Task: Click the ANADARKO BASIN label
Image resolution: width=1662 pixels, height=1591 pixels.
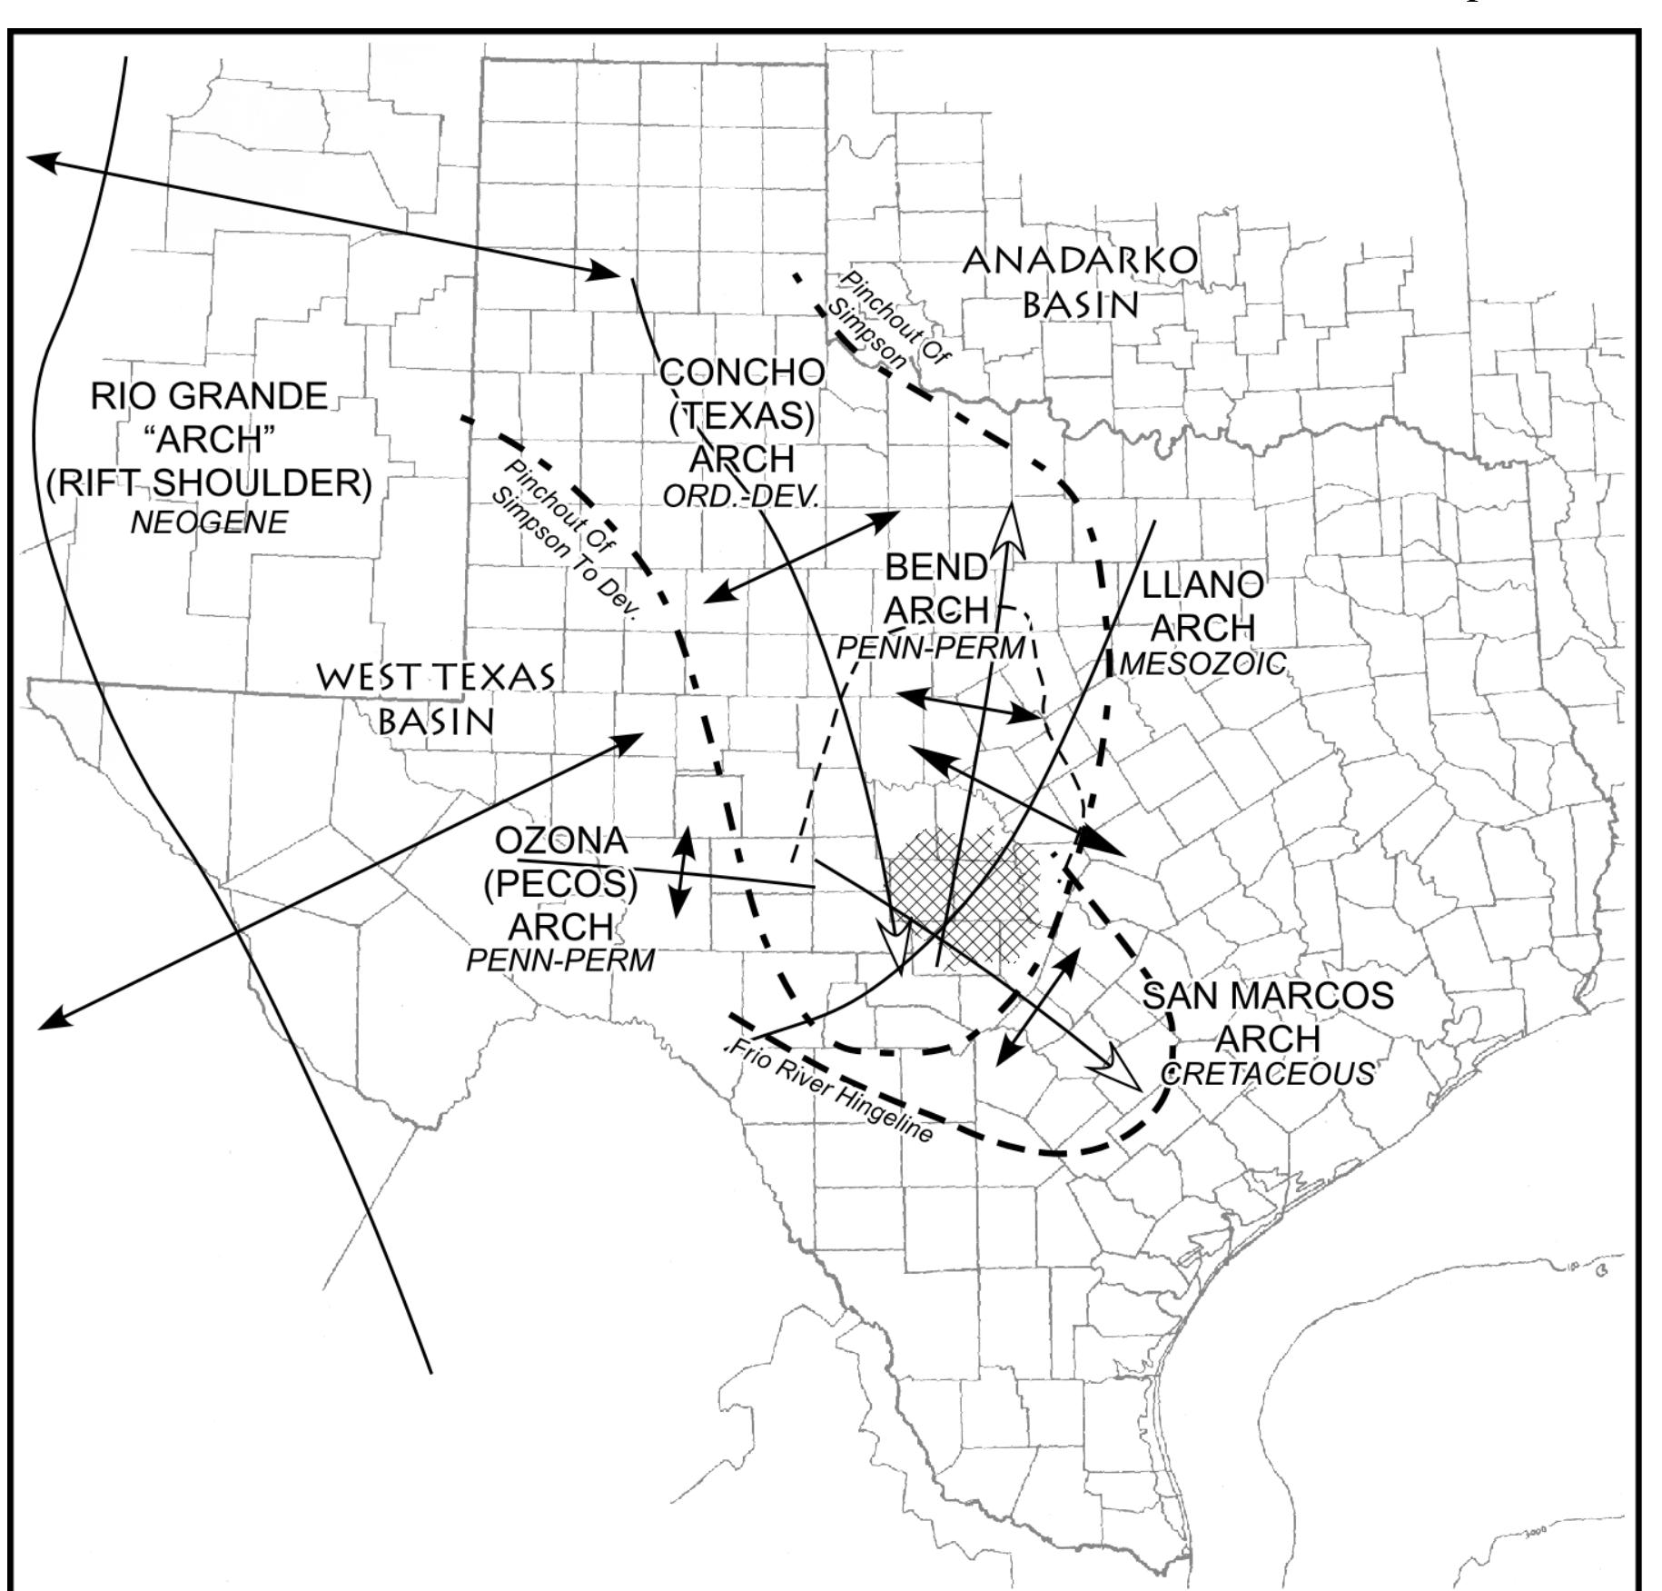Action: tap(1080, 282)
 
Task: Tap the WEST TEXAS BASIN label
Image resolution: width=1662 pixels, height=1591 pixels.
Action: tap(436, 698)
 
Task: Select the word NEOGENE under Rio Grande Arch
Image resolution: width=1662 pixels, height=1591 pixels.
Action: tap(210, 522)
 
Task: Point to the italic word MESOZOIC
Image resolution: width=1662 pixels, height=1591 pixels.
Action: tap(1203, 664)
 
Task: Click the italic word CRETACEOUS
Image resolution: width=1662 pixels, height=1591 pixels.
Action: tap(1268, 1073)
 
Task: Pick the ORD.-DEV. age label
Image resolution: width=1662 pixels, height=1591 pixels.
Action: tap(741, 496)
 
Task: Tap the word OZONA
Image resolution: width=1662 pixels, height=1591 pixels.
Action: tap(561, 840)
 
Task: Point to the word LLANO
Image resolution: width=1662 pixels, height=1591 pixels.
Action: tap(1202, 585)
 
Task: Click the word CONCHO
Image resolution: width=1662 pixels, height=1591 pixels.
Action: tap(742, 372)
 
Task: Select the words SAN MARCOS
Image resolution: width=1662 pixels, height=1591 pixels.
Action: tap(1268, 995)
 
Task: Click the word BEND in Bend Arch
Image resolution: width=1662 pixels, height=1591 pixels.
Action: tap(935, 567)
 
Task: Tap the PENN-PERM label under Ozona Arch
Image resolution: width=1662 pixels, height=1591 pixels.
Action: tap(560, 960)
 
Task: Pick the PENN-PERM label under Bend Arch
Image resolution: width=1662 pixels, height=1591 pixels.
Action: tap(930, 648)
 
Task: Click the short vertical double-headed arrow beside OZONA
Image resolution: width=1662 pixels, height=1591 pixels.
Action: tap(682, 872)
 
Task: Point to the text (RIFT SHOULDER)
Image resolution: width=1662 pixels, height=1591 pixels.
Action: tap(210, 482)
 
